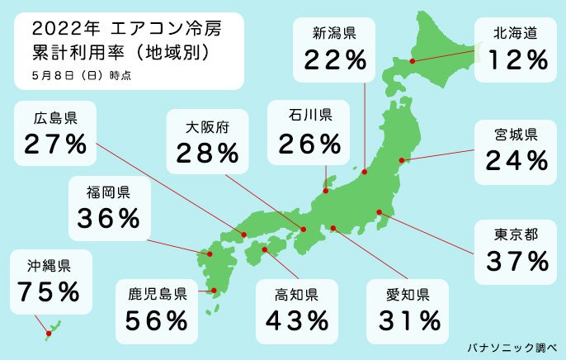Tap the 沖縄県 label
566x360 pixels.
(47, 266)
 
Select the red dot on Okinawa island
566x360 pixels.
(48, 334)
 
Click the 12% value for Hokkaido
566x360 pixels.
(517, 59)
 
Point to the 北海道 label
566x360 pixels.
(516, 34)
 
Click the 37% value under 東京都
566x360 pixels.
(516, 262)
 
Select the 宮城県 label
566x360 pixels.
(516, 134)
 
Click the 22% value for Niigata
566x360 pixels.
(335, 59)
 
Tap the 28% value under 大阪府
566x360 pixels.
(207, 153)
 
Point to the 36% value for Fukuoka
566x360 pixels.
(108, 218)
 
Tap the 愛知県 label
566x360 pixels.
(408, 292)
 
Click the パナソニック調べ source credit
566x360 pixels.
(512, 345)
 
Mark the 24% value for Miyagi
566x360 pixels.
(516, 160)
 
